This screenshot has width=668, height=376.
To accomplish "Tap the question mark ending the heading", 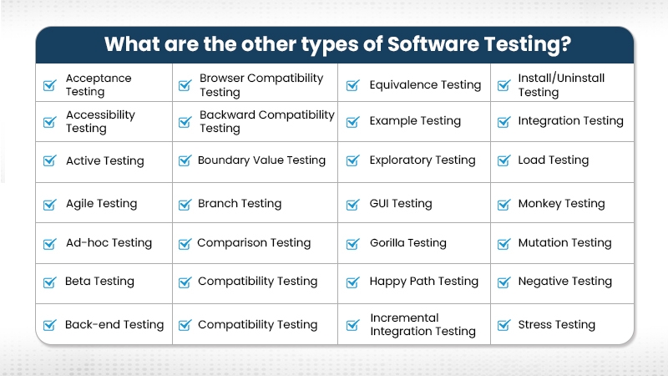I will [x=566, y=43].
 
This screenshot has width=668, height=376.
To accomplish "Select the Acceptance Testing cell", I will [x=99, y=84].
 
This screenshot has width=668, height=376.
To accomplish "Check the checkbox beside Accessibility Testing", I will [x=49, y=122].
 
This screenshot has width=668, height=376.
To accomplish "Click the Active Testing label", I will [x=105, y=160].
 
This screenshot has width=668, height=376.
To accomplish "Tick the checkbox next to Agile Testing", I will [x=49, y=204].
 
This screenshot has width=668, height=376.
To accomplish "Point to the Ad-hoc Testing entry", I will [x=109, y=243].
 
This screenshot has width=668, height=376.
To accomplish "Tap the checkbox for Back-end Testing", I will [x=49, y=325].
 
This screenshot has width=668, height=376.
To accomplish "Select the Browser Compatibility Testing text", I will [x=261, y=84].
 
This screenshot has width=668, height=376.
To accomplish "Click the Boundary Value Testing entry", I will [x=261, y=160].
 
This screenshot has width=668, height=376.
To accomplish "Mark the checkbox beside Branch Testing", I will [x=185, y=204].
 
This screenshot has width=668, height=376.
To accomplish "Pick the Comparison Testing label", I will [x=254, y=243].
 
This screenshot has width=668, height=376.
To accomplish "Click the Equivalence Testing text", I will [x=425, y=84].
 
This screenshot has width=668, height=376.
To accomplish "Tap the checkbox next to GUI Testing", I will [x=352, y=204].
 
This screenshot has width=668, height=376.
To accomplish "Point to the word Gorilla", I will [x=389, y=243].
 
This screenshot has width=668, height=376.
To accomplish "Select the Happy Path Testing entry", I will [x=424, y=282].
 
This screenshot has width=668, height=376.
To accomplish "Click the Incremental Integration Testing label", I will [x=423, y=325].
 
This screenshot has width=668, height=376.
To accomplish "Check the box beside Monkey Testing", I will [x=503, y=204].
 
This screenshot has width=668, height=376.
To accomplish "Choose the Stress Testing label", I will [x=556, y=325].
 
